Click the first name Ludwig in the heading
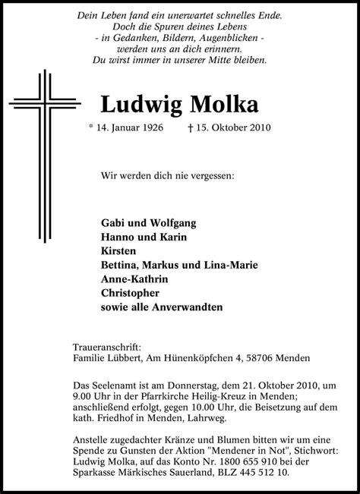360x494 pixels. pos(139,103)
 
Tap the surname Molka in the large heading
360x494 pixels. pos(220,103)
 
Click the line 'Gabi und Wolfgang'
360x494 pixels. pos(148,223)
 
